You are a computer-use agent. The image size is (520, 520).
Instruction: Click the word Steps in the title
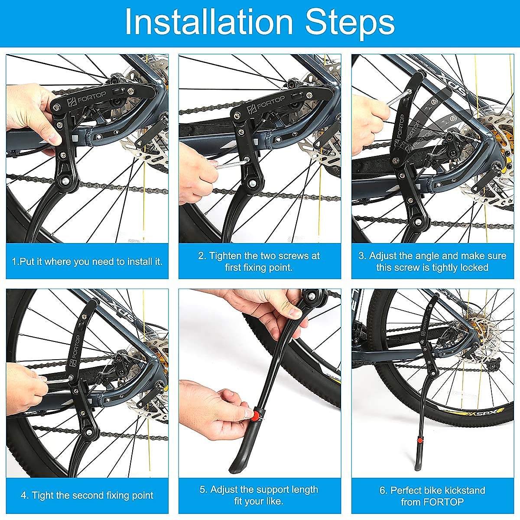350,24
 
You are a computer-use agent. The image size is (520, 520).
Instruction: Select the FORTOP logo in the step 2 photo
266,104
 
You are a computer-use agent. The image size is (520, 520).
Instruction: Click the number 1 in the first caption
15,261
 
